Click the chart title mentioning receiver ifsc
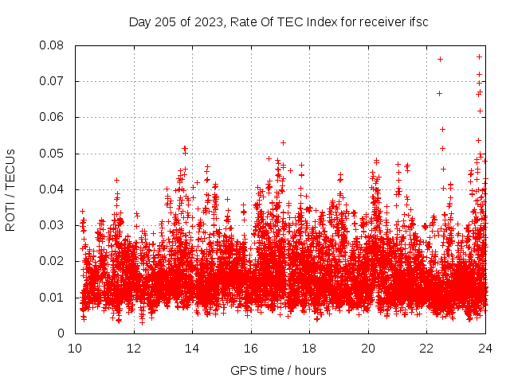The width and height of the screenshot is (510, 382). (278, 21)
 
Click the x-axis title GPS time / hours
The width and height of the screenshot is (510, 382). (278, 370)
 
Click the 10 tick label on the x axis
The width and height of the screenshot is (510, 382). (75, 348)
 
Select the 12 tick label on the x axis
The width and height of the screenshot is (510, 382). (134, 348)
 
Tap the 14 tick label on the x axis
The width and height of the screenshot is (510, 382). (192, 348)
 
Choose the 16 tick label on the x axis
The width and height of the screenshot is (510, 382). (251, 348)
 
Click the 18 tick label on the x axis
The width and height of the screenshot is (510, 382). (309, 348)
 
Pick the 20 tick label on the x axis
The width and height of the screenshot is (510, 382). (368, 348)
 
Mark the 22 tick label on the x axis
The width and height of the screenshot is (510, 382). (426, 348)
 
